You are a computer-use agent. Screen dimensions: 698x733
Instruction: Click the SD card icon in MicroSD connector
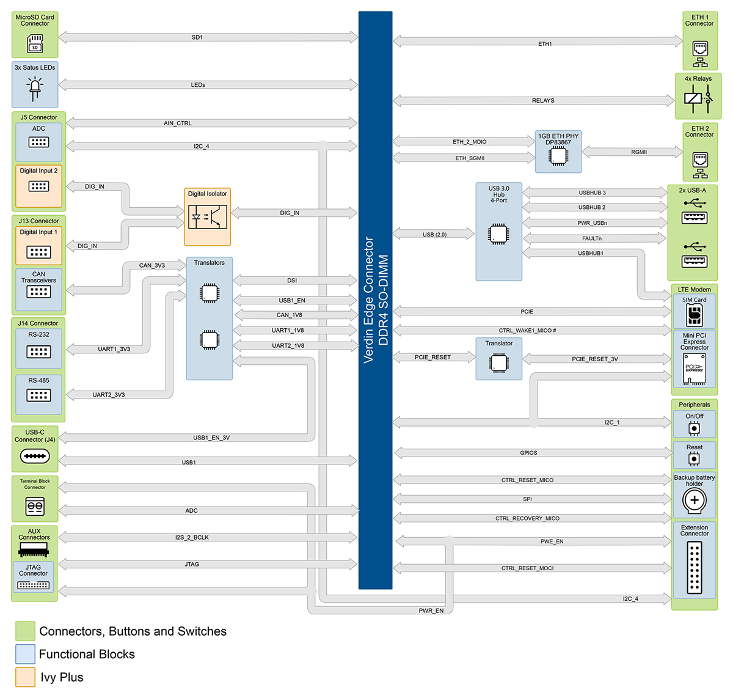pyautogui.click(x=35, y=43)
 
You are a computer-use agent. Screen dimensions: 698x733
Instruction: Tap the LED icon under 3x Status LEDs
pyautogui.click(x=35, y=89)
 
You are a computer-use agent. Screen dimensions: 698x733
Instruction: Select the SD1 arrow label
pyautogui.click(x=197, y=38)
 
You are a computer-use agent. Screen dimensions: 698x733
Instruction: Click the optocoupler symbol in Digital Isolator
pyautogui.click(x=208, y=216)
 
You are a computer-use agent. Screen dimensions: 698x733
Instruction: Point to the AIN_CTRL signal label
pyautogui.click(x=178, y=123)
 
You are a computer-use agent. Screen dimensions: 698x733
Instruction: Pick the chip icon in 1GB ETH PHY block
pyautogui.click(x=558, y=156)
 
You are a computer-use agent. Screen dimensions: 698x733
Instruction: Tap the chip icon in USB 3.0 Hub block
pyautogui.click(x=498, y=234)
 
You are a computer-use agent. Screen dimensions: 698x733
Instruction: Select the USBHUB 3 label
pyautogui.click(x=592, y=193)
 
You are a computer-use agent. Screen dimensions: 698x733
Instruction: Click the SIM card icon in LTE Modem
pyautogui.click(x=695, y=315)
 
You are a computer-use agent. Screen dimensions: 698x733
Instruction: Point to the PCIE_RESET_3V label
pyautogui.click(x=594, y=359)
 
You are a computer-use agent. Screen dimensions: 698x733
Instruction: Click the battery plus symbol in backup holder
pyautogui.click(x=695, y=501)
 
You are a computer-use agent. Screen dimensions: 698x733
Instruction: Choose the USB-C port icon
pyautogui.click(x=35, y=456)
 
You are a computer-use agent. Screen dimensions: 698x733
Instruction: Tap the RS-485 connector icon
pyautogui.click(x=38, y=395)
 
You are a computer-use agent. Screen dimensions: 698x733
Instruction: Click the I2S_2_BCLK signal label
pyautogui.click(x=192, y=538)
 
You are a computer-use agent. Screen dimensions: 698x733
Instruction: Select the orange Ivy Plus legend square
pyautogui.click(x=25, y=677)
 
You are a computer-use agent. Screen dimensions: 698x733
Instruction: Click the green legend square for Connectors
pyautogui.click(x=25, y=631)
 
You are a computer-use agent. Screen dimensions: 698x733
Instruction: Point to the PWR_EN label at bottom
pyautogui.click(x=431, y=611)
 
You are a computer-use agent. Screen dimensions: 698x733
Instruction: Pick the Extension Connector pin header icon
pyautogui.click(x=695, y=568)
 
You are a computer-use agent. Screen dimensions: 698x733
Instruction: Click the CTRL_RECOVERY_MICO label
pyautogui.click(x=527, y=519)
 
